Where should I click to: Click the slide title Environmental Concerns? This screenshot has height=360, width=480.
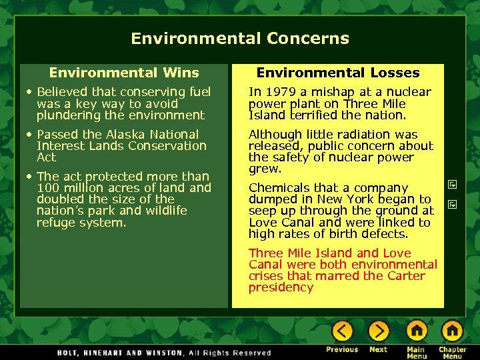[240, 38]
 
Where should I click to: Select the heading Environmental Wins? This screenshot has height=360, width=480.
[124, 73]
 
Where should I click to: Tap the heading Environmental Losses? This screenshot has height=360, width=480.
[338, 73]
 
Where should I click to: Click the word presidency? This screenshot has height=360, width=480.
[281, 287]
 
